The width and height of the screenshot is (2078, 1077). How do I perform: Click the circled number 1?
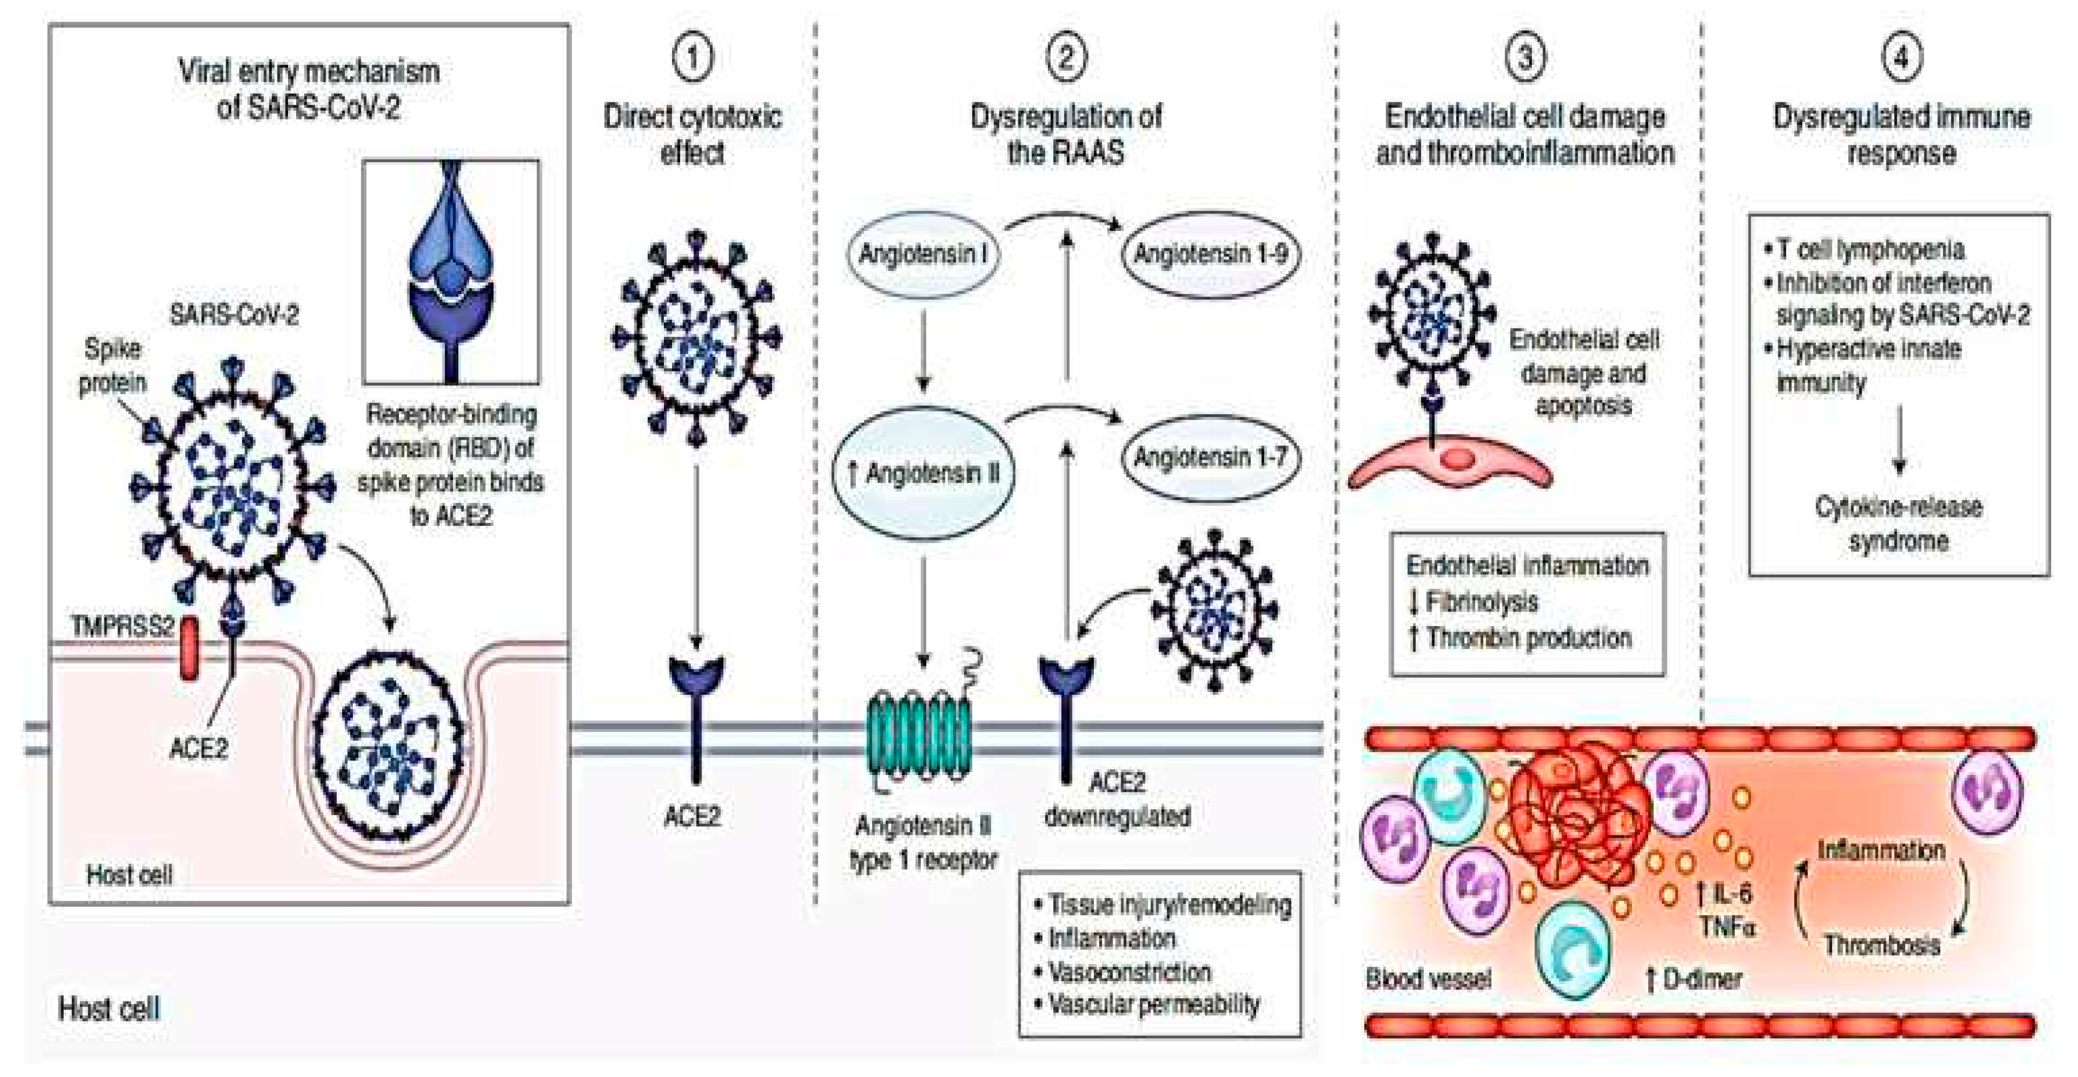692,58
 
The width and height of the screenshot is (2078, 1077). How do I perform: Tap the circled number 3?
1524,58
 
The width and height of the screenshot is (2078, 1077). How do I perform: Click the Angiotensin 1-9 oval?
1210,255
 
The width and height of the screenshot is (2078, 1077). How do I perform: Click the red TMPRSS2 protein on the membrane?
189,648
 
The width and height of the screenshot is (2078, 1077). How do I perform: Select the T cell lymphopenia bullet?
1868,249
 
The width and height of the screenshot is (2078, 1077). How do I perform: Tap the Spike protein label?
113,365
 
